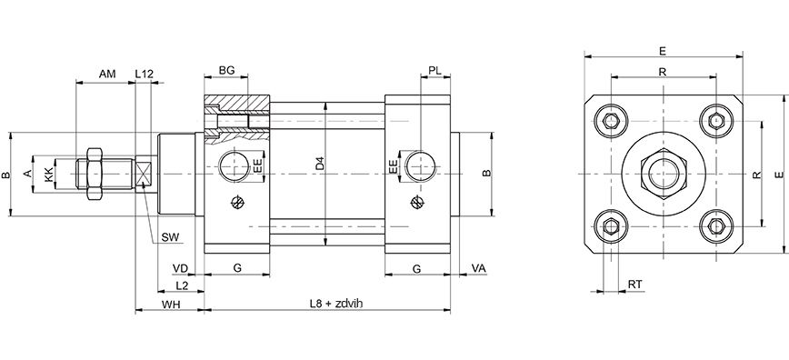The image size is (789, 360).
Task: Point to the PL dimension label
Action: (435, 71)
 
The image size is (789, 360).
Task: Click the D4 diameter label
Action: (319, 164)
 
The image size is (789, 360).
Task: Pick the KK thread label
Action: (49, 172)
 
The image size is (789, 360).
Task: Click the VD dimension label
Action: (180, 268)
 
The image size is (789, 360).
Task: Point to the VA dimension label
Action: (479, 268)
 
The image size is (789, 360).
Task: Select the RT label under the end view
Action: (635, 285)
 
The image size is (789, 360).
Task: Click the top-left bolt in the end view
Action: (610, 120)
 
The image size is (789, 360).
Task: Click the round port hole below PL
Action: (419, 165)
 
